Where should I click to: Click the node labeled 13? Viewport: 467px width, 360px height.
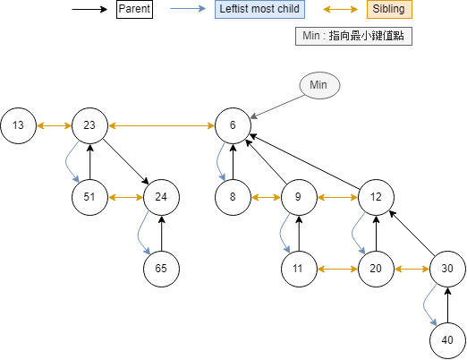pos(18,125)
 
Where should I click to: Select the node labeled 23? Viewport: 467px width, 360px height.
pos(89,125)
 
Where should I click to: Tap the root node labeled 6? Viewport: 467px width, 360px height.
pos(233,125)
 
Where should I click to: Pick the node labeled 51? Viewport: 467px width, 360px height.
pos(89,196)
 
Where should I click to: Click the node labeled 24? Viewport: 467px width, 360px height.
pos(161,196)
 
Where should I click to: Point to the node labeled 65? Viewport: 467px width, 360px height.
pos(161,268)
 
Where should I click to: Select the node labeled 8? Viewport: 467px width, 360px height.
pos(233,196)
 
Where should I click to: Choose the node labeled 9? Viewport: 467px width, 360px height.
pos(299,196)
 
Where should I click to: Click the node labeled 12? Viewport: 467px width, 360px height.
pos(376,196)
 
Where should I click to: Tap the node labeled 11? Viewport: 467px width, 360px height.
pos(299,268)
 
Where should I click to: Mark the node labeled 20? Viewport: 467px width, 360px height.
pos(376,268)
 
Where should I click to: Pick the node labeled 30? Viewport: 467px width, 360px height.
pos(447,268)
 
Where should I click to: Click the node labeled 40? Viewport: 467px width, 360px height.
pos(447,339)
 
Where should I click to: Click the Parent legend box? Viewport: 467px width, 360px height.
pos(134,11)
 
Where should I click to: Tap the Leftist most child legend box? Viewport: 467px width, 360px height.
pos(260,11)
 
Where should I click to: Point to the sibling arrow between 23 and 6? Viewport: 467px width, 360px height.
pos(161,125)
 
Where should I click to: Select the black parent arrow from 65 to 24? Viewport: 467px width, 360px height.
pos(161,232)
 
